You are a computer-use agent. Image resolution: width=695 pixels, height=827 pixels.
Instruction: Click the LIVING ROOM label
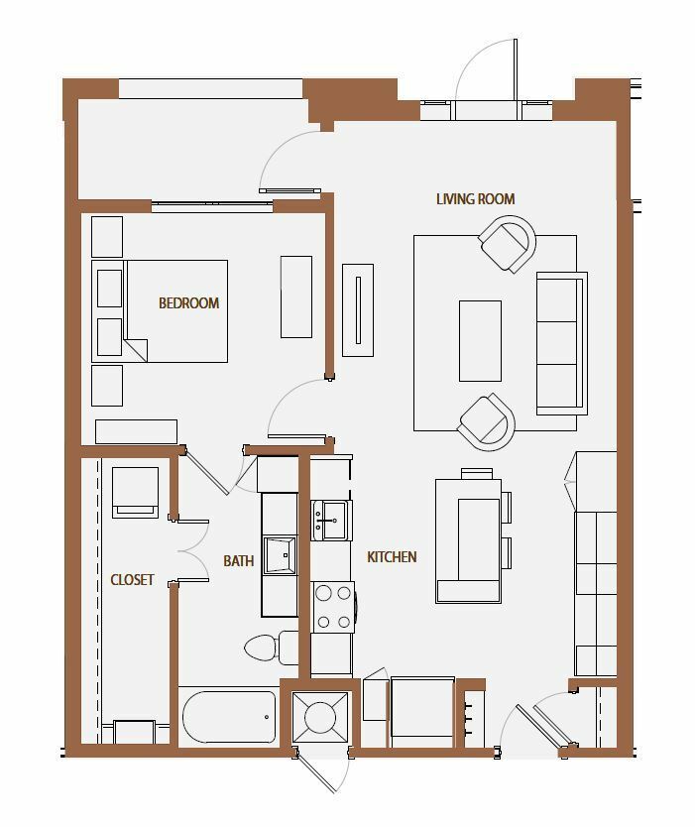[x=475, y=199]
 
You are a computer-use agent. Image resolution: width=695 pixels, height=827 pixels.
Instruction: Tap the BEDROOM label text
[x=188, y=303]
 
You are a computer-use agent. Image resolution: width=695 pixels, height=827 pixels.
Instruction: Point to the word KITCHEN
[x=392, y=557]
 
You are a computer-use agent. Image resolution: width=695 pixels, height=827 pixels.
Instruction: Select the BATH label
[x=238, y=560]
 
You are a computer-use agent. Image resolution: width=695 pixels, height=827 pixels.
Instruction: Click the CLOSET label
[x=132, y=580]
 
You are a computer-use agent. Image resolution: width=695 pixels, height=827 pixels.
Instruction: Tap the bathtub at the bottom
[x=229, y=716]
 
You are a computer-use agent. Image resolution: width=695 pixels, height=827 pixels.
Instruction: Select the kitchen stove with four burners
[x=333, y=607]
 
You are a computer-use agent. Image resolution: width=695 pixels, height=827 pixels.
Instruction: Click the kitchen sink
[x=332, y=521]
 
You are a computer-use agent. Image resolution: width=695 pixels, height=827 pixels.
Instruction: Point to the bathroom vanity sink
[x=280, y=555]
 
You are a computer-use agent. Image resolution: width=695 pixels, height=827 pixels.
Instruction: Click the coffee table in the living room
[x=480, y=341]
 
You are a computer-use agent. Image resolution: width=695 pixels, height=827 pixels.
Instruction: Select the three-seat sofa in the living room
[x=562, y=343]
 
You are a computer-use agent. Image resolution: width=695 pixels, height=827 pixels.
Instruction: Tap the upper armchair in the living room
[x=507, y=244]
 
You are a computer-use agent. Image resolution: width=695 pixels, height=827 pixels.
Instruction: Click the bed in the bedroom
[x=160, y=311]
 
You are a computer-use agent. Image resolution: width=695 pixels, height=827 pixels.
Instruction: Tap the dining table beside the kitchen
[x=468, y=540]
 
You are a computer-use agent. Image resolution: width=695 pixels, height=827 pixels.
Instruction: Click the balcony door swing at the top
[x=486, y=70]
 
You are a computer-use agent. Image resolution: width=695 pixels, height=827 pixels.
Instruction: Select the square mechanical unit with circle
[x=320, y=717]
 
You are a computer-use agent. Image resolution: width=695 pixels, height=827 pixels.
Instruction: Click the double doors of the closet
[x=192, y=551]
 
